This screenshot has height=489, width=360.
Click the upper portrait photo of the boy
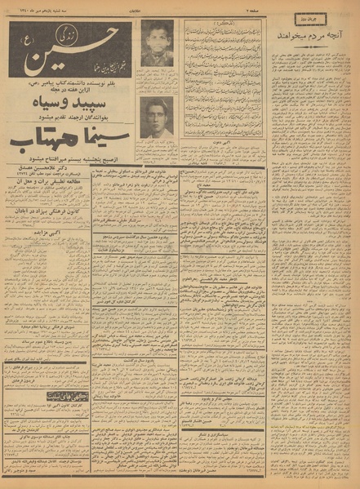[x=157, y=43]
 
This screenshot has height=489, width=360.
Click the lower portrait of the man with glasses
[x=157, y=118]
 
